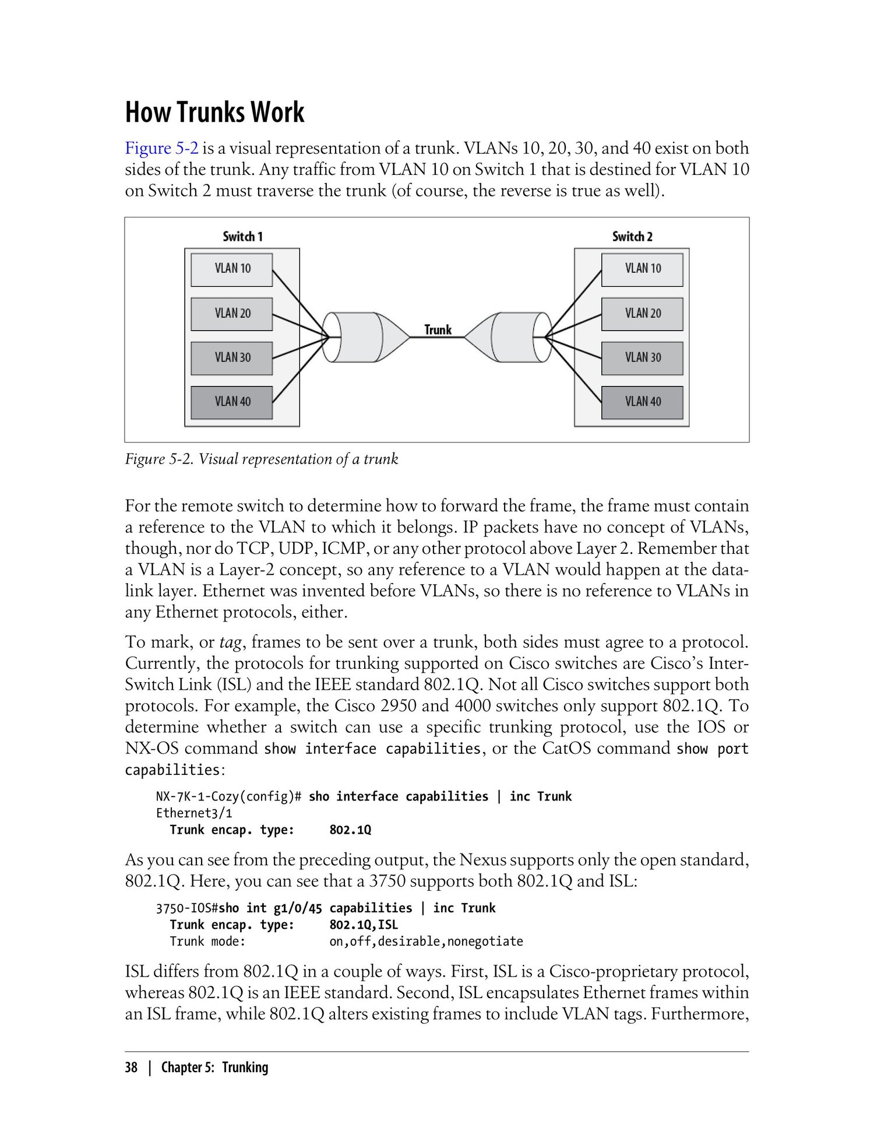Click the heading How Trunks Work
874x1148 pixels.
pyautogui.click(x=214, y=112)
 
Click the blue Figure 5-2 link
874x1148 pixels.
pyautogui.click(x=161, y=148)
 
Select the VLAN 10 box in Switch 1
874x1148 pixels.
pyautogui.click(x=232, y=269)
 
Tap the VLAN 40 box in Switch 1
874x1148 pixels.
pyautogui.click(x=232, y=402)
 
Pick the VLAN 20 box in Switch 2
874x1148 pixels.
pyautogui.click(x=642, y=314)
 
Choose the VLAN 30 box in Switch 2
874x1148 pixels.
pyautogui.click(x=642, y=357)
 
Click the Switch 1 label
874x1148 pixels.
pyautogui.click(x=242, y=236)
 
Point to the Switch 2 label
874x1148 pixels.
pyautogui.click(x=632, y=236)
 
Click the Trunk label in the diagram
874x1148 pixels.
pyautogui.click(x=438, y=329)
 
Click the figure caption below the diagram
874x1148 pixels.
pyautogui.click(x=262, y=459)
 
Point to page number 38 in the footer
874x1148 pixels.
pyautogui.click(x=131, y=1067)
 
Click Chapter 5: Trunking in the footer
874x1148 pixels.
pyautogui.click(x=214, y=1067)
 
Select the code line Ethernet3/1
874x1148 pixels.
pyautogui.click(x=194, y=813)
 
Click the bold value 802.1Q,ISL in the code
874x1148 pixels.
pyautogui.click(x=364, y=925)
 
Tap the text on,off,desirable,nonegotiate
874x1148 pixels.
pyautogui.click(x=426, y=941)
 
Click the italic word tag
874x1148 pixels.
pyautogui.click(x=230, y=643)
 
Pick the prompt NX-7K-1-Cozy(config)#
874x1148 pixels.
pyautogui.click(x=228, y=796)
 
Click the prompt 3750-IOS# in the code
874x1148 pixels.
pyautogui.click(x=187, y=908)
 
